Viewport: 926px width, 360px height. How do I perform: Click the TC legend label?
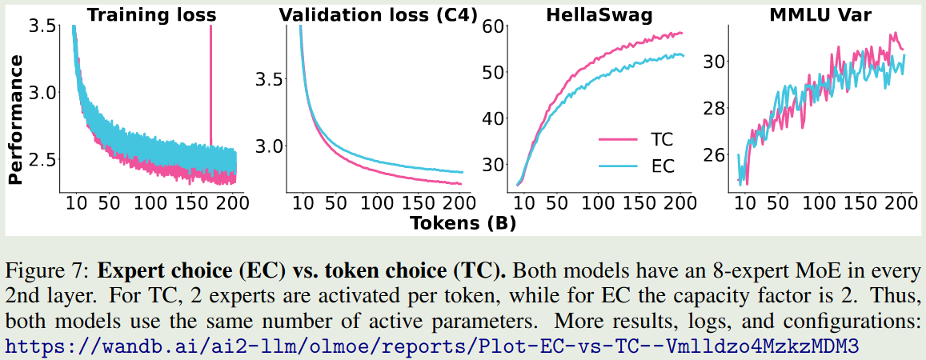point(657,140)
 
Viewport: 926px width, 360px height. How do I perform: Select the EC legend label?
point(657,166)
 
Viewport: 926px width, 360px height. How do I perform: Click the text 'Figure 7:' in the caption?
point(39,265)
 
